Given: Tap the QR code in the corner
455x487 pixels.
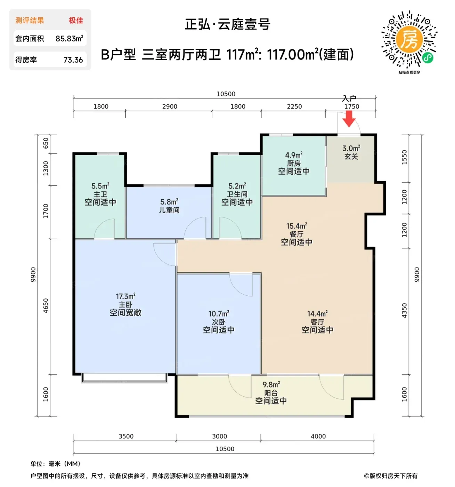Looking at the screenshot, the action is [409, 39].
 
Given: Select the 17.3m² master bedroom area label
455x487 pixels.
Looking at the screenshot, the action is [125, 296].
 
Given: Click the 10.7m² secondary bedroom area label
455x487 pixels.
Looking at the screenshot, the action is [219, 314].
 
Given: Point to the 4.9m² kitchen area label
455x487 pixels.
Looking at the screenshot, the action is [294, 155].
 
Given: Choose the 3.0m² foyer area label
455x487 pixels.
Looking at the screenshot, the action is [351, 148].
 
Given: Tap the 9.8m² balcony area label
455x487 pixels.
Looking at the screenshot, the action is [271, 384].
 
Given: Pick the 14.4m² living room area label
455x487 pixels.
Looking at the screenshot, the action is [317, 314].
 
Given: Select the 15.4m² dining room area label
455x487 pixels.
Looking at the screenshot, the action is [296, 226].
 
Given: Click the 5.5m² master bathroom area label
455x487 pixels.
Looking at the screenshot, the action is [100, 186].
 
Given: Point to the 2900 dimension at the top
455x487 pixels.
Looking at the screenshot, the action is [170, 106].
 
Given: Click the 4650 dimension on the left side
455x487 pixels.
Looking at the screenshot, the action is [46, 305].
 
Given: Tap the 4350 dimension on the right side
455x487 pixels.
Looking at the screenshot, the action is [404, 310].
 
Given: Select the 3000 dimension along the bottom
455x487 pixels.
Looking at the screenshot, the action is [219, 436].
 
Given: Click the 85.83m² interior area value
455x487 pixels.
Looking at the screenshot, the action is [70, 39].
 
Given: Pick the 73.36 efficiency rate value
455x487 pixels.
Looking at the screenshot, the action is [73, 60].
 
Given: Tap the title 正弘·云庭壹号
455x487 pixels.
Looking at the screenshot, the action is [227, 24].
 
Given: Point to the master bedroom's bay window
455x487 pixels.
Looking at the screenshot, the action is [124, 378].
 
